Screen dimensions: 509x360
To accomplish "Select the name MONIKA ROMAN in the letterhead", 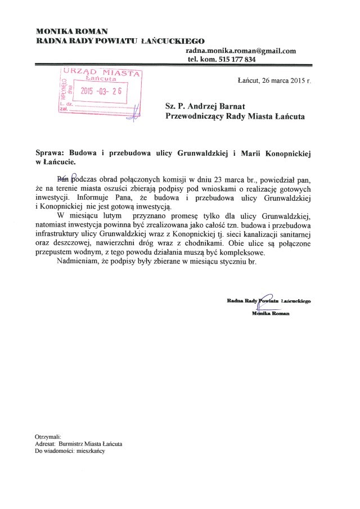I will point(71,30).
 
